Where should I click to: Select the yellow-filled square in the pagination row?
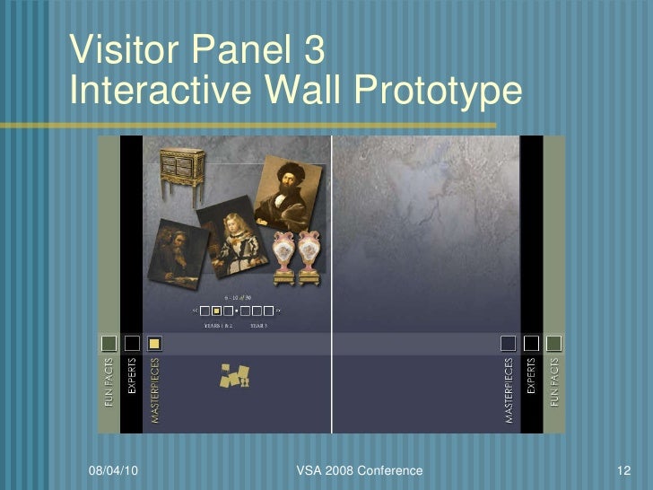coord(216,311)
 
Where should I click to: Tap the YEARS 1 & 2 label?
coord(218,326)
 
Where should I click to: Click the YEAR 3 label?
coord(259,326)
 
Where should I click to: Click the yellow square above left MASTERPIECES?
coord(154,344)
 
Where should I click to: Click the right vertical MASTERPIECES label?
coord(509,390)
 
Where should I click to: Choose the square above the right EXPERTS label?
coord(531,344)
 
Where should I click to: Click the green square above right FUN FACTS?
coord(553,344)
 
